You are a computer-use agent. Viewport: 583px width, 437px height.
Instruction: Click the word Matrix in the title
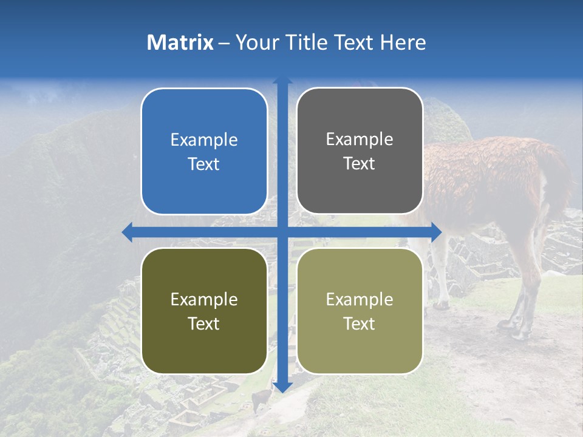(x=180, y=42)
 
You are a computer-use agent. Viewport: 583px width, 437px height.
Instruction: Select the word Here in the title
(x=403, y=42)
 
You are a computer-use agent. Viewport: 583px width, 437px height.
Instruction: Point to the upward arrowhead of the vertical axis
(x=282, y=80)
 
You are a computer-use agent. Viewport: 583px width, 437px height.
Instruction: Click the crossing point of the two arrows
(x=282, y=232)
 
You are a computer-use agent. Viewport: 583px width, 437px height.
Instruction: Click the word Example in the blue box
(x=204, y=140)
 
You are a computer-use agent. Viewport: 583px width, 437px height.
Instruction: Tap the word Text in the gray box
(x=360, y=164)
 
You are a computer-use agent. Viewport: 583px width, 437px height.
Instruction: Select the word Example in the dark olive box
(x=204, y=299)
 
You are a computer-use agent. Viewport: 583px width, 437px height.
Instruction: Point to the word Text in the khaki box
(x=360, y=324)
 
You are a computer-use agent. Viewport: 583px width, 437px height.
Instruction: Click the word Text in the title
(x=352, y=42)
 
